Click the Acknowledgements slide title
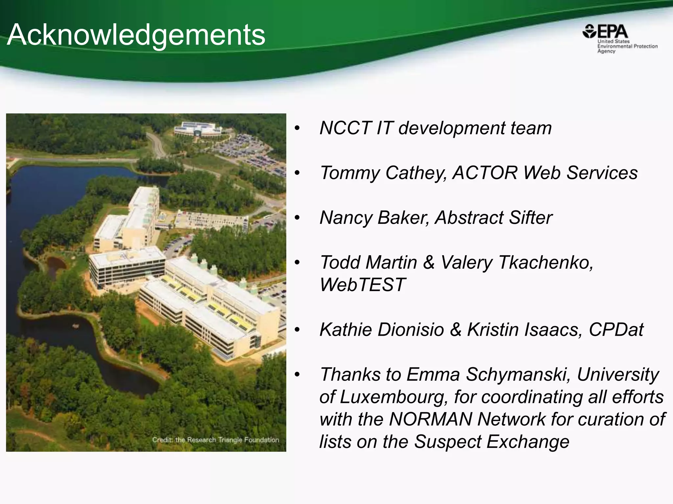[x=136, y=35]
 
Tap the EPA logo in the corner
[x=605, y=32]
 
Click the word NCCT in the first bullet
[x=345, y=128]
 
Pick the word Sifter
[x=530, y=218]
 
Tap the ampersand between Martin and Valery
[x=429, y=262]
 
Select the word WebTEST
[x=362, y=284]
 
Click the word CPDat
[x=616, y=329]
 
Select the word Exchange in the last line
[x=528, y=442]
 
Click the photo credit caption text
[x=215, y=440]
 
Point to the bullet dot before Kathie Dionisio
[x=297, y=330]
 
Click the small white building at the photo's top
[x=197, y=128]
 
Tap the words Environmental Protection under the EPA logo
[x=627, y=46]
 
